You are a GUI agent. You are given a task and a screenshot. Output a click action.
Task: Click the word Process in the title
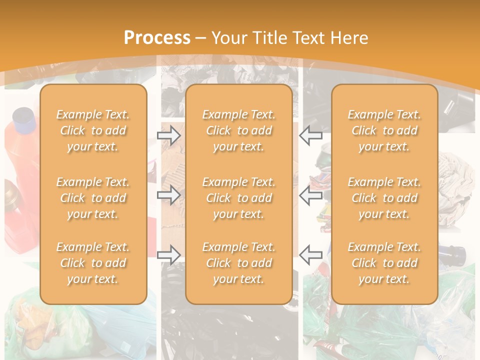coord(157,37)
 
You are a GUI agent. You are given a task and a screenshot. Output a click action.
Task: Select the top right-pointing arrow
coord(168,135)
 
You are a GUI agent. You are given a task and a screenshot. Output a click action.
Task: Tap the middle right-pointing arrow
coord(168,195)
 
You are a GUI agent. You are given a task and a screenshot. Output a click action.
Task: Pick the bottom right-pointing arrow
coord(168,255)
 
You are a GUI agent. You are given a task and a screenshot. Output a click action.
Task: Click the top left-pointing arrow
coord(310,135)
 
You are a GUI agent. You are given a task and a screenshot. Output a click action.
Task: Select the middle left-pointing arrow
coord(310,195)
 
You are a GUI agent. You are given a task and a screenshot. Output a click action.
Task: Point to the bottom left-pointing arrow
coord(310,255)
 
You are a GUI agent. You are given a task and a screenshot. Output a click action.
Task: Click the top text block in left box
coord(93,130)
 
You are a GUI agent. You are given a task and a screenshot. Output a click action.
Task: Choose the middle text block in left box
coord(93,198)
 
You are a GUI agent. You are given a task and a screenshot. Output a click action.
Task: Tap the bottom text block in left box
coord(93,263)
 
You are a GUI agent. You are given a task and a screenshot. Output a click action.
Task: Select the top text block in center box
coord(239,130)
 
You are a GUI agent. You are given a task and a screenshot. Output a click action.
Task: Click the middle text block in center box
coord(239,198)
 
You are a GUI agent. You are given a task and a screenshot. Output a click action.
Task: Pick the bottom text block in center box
coord(239,263)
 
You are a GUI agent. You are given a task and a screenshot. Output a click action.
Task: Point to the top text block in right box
coord(384,130)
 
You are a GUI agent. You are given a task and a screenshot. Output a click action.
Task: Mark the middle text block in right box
coord(384,198)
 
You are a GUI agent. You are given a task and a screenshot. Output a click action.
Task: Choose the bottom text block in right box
coord(384,263)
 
